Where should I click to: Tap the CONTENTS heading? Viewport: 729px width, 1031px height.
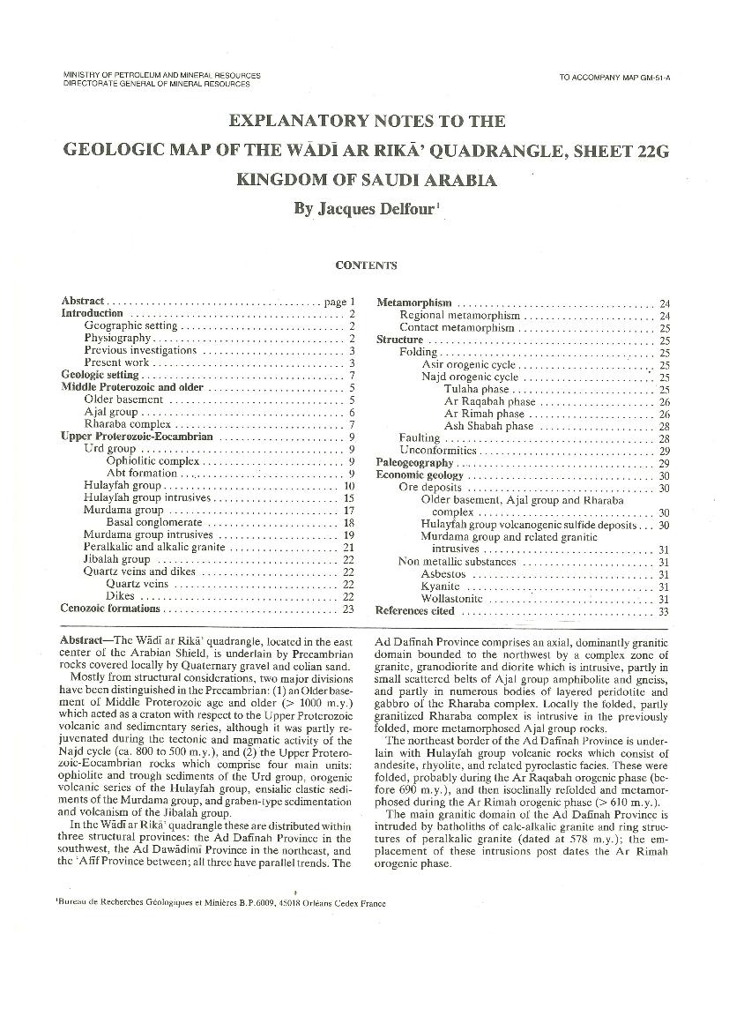tap(366, 265)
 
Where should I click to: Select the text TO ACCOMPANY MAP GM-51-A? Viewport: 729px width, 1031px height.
tap(614, 78)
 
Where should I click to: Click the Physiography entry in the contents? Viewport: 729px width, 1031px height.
tap(119, 338)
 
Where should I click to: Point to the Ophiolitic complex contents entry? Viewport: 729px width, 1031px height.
tap(152, 461)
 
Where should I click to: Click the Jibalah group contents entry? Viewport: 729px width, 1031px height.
tap(117, 559)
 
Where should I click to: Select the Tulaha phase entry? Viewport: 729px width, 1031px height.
tap(476, 389)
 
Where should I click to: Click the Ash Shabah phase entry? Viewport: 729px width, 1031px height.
tap(488, 426)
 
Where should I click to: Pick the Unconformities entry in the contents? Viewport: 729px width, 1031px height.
tap(437, 451)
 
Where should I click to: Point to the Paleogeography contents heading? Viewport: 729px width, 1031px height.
tap(414, 463)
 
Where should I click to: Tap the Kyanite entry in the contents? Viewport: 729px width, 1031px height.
tap(441, 586)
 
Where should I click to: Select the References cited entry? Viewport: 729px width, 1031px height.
tap(415, 610)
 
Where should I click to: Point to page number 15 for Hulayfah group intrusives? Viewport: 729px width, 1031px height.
tap(349, 498)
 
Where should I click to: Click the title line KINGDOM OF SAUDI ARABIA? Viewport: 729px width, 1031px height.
tap(366, 179)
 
